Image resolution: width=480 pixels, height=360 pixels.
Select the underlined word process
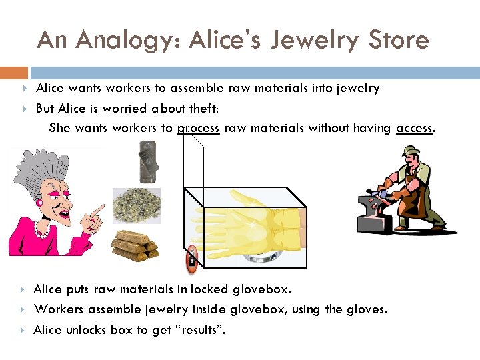(198, 128)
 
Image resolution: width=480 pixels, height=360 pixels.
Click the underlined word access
(413, 128)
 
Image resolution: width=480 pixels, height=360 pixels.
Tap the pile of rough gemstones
(137, 205)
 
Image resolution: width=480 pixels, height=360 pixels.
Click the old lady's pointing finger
(97, 212)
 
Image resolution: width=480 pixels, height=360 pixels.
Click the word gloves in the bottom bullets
(367, 309)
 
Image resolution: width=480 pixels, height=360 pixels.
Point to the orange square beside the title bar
(13, 72)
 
